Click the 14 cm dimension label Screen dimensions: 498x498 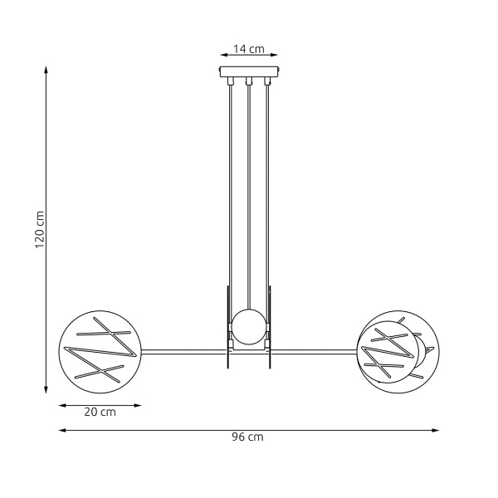248,49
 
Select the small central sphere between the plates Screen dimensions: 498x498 248,325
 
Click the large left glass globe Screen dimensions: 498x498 100,348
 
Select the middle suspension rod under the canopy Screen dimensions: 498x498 248,191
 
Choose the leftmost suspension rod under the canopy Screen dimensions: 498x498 230,191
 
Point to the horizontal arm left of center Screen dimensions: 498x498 183,349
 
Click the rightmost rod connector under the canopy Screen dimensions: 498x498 266,82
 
